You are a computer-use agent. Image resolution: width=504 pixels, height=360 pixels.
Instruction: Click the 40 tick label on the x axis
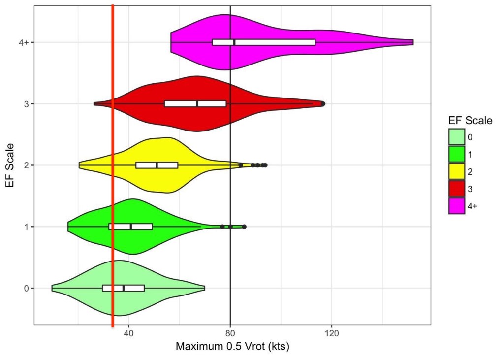coord(129,333)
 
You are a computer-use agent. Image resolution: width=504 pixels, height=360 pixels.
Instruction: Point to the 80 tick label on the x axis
coord(230,333)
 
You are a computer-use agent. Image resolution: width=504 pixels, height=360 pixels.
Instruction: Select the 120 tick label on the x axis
coord(332,333)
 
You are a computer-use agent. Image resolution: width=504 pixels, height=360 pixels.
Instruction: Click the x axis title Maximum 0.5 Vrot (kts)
coord(232,347)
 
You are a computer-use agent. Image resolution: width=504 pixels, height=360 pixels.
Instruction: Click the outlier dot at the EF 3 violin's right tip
coord(323,104)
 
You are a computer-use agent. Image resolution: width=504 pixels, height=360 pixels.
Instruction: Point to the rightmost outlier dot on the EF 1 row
coord(244,227)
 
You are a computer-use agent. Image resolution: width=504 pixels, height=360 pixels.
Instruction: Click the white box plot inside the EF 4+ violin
coord(264,42)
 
